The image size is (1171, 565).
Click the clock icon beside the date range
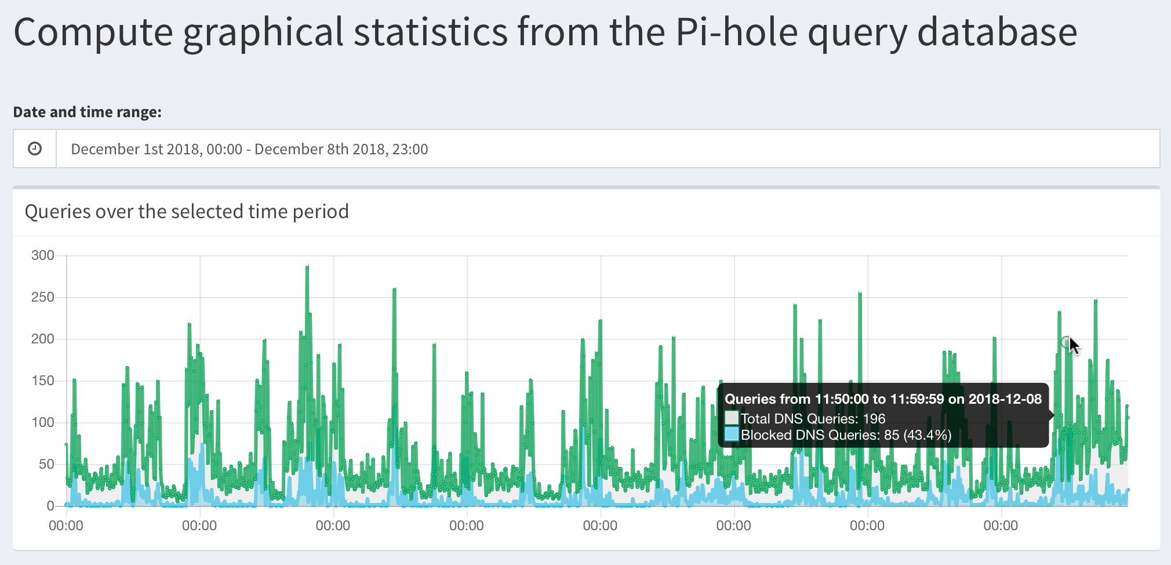[x=35, y=149]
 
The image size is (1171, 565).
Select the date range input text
[x=249, y=149]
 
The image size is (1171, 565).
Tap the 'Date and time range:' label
[x=87, y=112]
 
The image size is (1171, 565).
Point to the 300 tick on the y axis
[x=42, y=255]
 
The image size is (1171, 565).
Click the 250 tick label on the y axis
[x=42, y=297]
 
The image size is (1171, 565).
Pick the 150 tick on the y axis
[x=42, y=381]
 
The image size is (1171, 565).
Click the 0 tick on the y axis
[x=50, y=506]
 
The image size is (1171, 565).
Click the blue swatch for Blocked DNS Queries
[x=732, y=434]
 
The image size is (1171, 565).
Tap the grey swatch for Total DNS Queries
[x=732, y=418]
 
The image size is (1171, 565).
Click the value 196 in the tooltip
[x=874, y=419]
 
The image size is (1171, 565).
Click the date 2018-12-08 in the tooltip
[x=1005, y=399]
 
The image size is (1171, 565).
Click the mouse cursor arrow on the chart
[x=1074, y=346]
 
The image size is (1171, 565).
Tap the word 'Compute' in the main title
[x=93, y=32]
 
